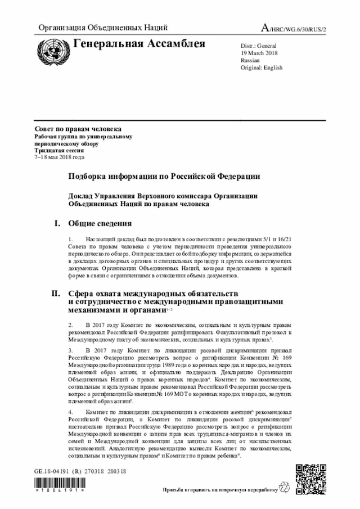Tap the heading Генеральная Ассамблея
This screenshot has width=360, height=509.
pyautogui.click(x=139, y=44)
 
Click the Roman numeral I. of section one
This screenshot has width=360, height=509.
pyautogui.click(x=57, y=224)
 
